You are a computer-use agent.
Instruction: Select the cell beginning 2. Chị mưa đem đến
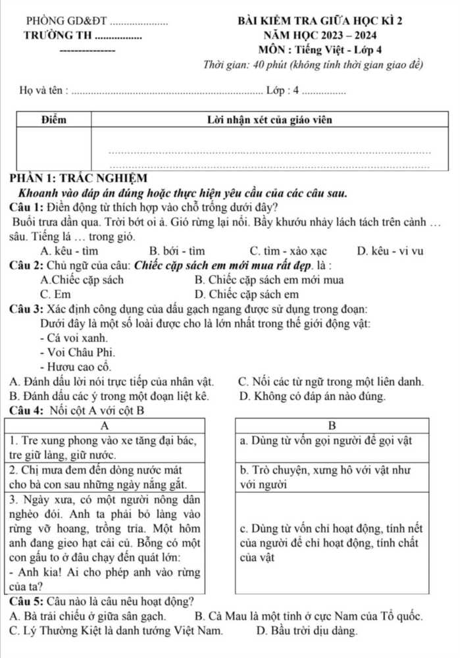[x=105, y=476]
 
